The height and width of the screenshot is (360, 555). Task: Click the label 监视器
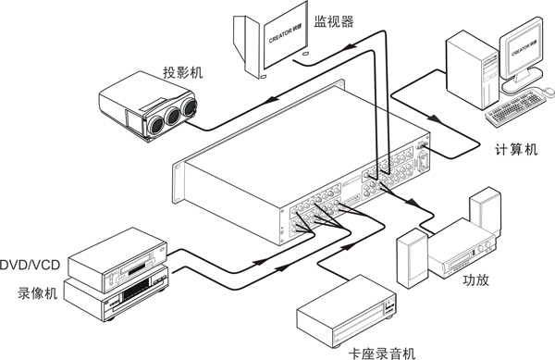(x=333, y=21)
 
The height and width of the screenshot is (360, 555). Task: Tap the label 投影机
(x=182, y=72)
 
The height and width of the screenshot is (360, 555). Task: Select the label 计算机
(x=516, y=149)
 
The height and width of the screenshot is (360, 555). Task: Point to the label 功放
(x=475, y=279)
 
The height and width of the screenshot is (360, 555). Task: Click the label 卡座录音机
(x=381, y=353)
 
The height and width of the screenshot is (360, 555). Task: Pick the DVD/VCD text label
(x=31, y=265)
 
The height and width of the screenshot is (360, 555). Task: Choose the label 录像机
(x=38, y=293)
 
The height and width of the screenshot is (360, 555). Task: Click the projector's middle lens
(x=173, y=116)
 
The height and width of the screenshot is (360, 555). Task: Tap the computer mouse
(x=548, y=91)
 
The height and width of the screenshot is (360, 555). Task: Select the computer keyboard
(x=515, y=108)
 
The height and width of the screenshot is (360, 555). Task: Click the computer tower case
(x=472, y=69)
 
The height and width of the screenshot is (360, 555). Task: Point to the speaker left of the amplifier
(x=413, y=258)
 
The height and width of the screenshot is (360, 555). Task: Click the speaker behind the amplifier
(x=486, y=211)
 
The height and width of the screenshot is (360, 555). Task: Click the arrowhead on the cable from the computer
(x=435, y=119)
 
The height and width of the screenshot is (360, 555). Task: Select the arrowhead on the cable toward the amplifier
(x=412, y=203)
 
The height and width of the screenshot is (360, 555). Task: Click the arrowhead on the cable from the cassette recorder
(x=347, y=246)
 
